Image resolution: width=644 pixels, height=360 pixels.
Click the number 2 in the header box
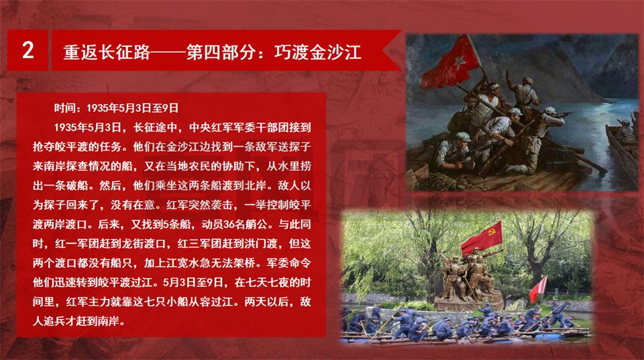tap(28, 50)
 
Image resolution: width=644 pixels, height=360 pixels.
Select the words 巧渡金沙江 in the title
tap(317, 52)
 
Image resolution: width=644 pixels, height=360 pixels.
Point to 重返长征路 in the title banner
tap(107, 52)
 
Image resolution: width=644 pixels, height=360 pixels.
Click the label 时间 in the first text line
tap(65, 108)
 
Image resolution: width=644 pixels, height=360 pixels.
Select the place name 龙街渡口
tap(144, 243)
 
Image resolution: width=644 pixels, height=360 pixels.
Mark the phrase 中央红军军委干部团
tap(239, 127)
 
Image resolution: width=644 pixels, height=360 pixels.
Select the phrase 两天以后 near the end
tap(266, 302)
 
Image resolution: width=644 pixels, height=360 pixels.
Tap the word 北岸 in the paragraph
tap(256, 185)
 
